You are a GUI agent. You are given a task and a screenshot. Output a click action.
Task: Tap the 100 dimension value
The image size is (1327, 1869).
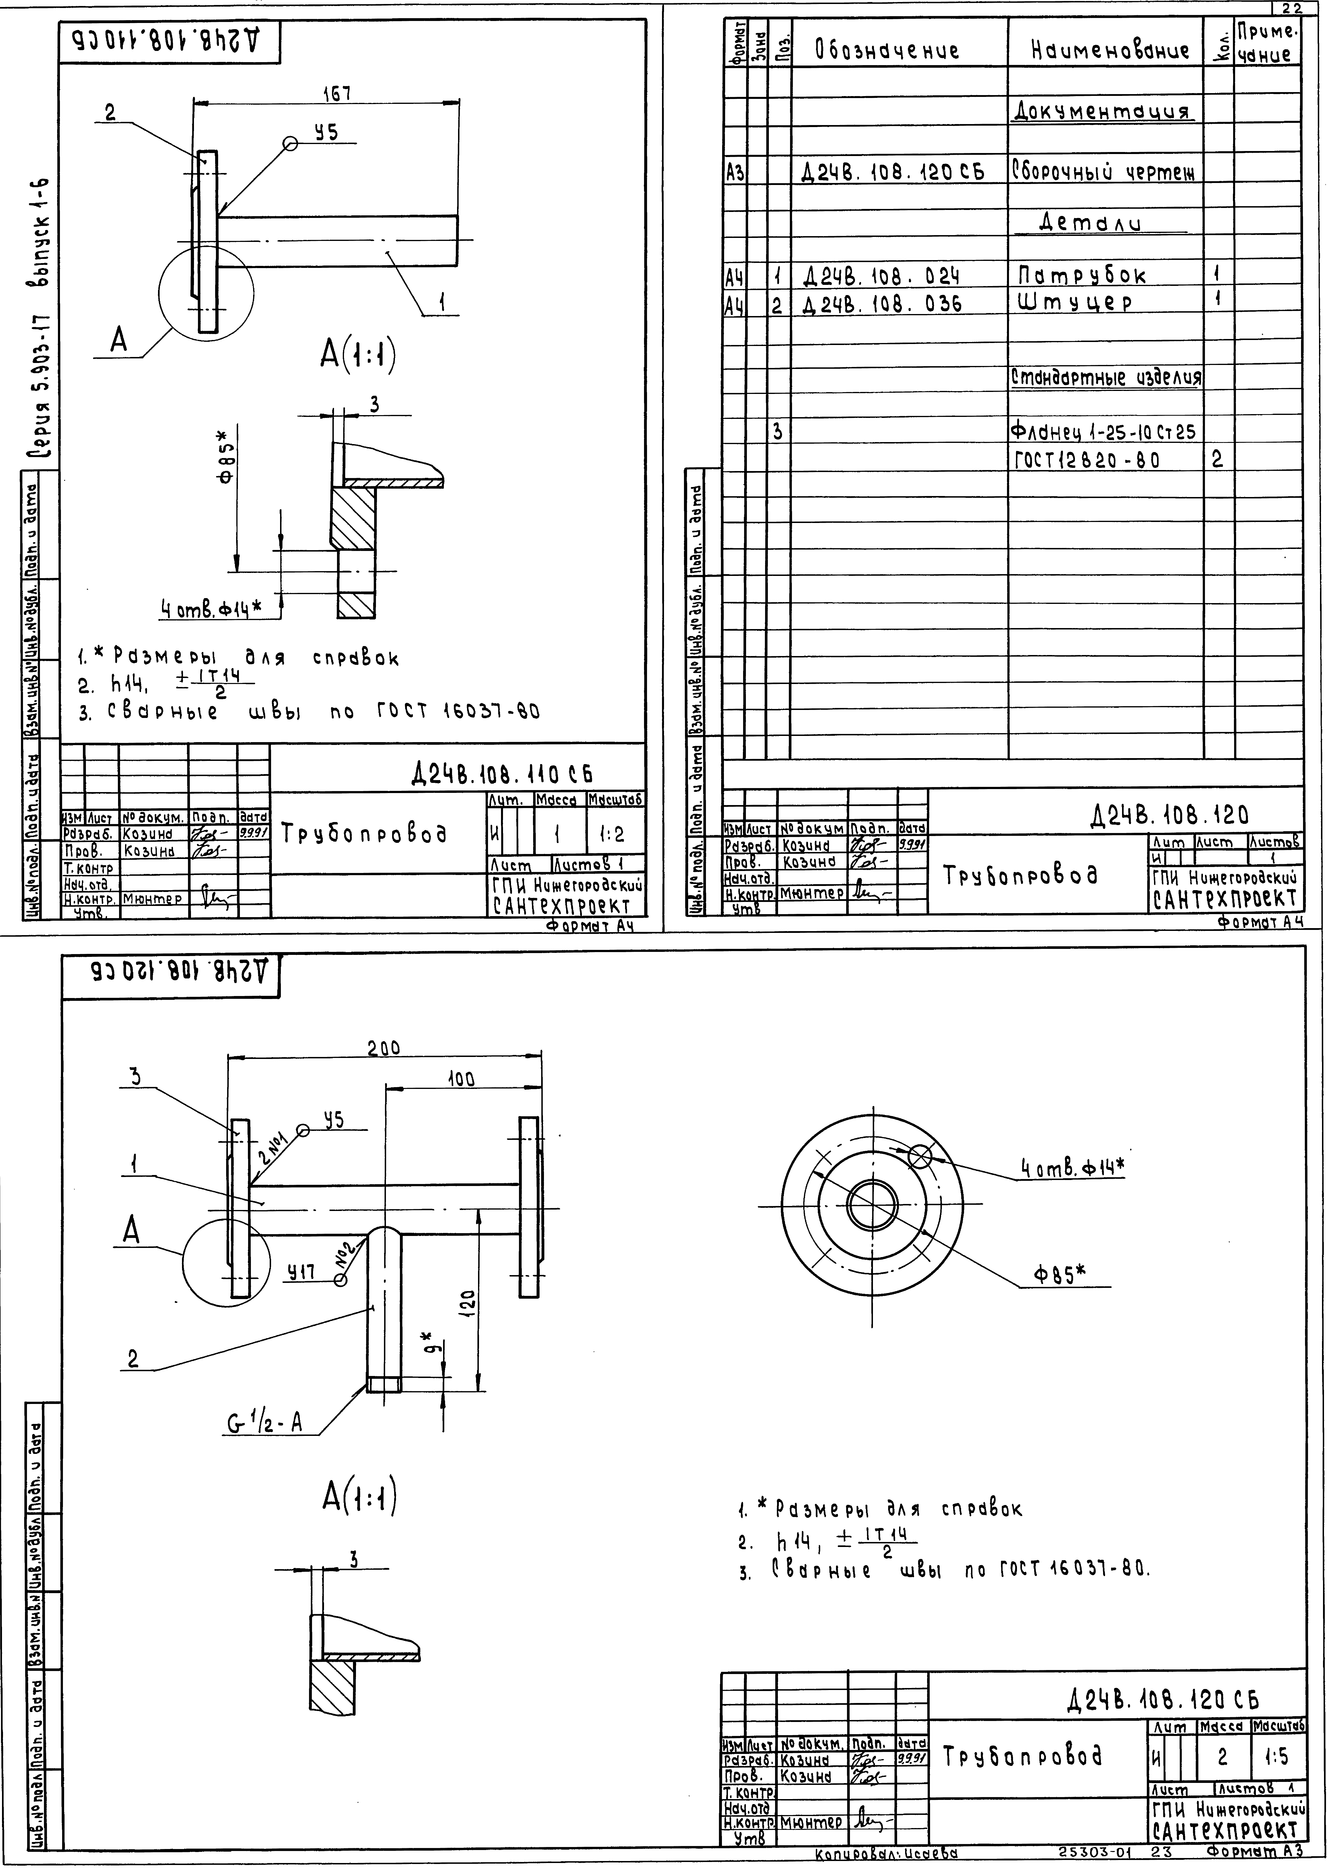(461, 1079)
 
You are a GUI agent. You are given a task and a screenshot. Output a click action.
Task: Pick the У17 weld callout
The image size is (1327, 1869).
(301, 1273)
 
